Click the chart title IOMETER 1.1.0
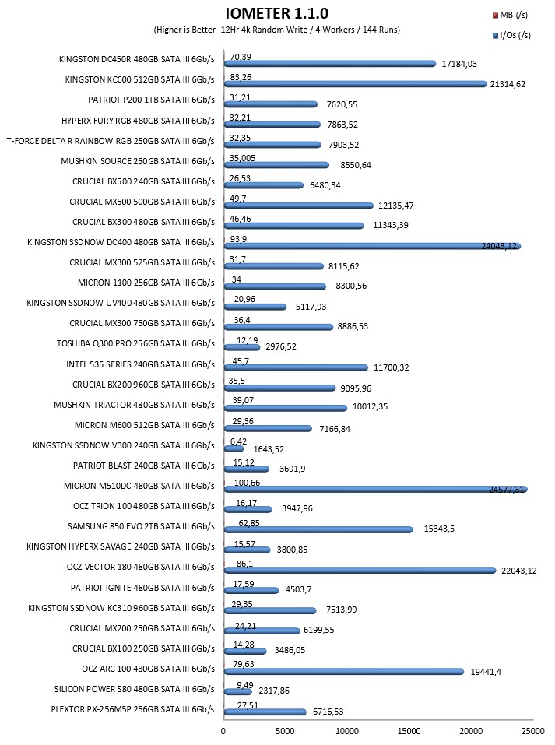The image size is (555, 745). tap(276, 13)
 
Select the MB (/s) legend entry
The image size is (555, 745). tap(511, 16)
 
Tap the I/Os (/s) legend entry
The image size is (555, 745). tap(511, 35)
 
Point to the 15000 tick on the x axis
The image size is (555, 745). tap(409, 731)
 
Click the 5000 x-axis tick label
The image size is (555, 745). tap(285, 731)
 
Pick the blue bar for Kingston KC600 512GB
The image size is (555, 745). tap(356, 84)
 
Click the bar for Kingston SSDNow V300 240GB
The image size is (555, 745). tap(234, 448)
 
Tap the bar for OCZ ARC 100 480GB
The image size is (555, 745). tap(344, 671)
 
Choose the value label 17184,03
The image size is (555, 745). tap(459, 64)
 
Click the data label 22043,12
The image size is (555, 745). tap(519, 571)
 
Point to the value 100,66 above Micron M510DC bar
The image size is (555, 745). tap(247, 483)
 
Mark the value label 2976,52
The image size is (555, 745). tap(281, 347)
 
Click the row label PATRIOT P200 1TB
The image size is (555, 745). tap(151, 100)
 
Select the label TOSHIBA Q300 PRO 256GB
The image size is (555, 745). tap(135, 343)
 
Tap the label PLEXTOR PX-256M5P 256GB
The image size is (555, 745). tap(132, 709)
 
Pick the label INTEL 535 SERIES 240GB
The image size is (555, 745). tap(140, 364)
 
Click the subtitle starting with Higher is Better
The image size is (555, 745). tap(276, 30)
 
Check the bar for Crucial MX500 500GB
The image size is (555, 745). tap(298, 206)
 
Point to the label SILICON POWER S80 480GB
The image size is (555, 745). tap(134, 689)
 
